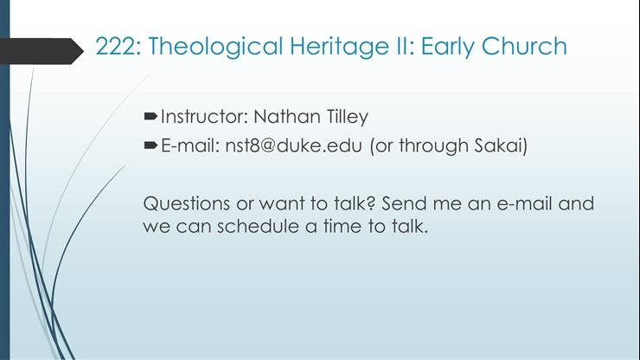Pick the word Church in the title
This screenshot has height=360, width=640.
[528, 46]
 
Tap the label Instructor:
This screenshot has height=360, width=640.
[202, 117]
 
